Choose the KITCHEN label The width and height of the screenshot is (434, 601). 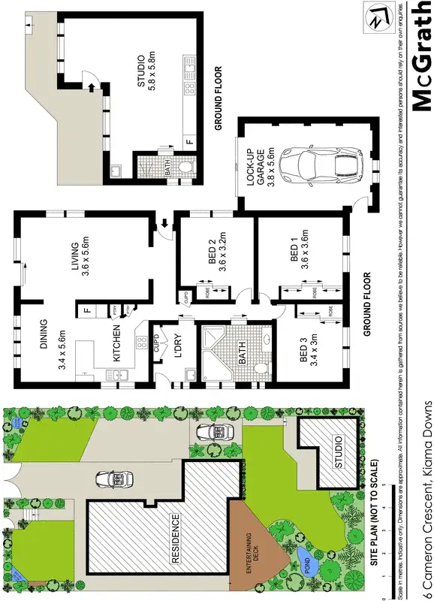point(118,344)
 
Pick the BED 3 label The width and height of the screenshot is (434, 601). point(309,351)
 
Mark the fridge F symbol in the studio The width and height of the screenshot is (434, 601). point(189,142)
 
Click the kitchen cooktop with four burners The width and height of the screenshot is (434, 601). point(140,343)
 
